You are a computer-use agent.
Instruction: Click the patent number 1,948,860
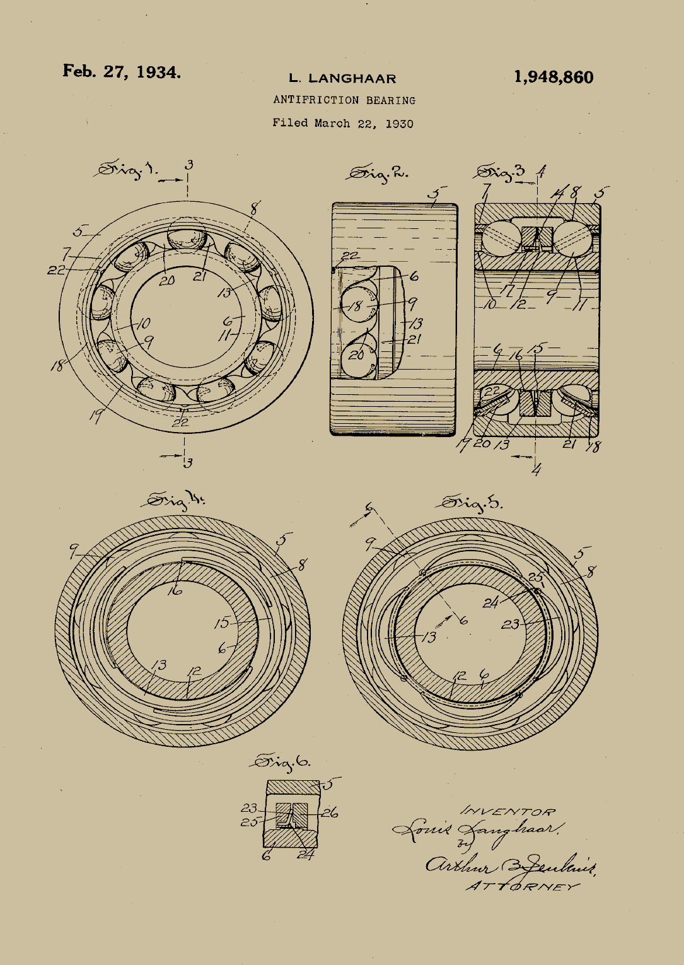(x=554, y=78)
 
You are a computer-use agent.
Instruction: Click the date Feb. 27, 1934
(x=121, y=71)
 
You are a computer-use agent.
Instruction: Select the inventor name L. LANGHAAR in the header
(x=342, y=79)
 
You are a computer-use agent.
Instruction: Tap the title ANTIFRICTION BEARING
(x=344, y=100)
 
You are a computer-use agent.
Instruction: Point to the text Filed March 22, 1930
(x=342, y=123)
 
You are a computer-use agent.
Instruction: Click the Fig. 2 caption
(x=379, y=173)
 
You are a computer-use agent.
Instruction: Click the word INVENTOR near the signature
(x=508, y=811)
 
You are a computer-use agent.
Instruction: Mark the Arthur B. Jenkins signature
(x=511, y=867)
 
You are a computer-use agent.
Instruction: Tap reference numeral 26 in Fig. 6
(x=330, y=812)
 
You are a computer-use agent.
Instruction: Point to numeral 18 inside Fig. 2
(x=356, y=306)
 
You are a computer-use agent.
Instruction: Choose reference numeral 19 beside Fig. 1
(x=96, y=417)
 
